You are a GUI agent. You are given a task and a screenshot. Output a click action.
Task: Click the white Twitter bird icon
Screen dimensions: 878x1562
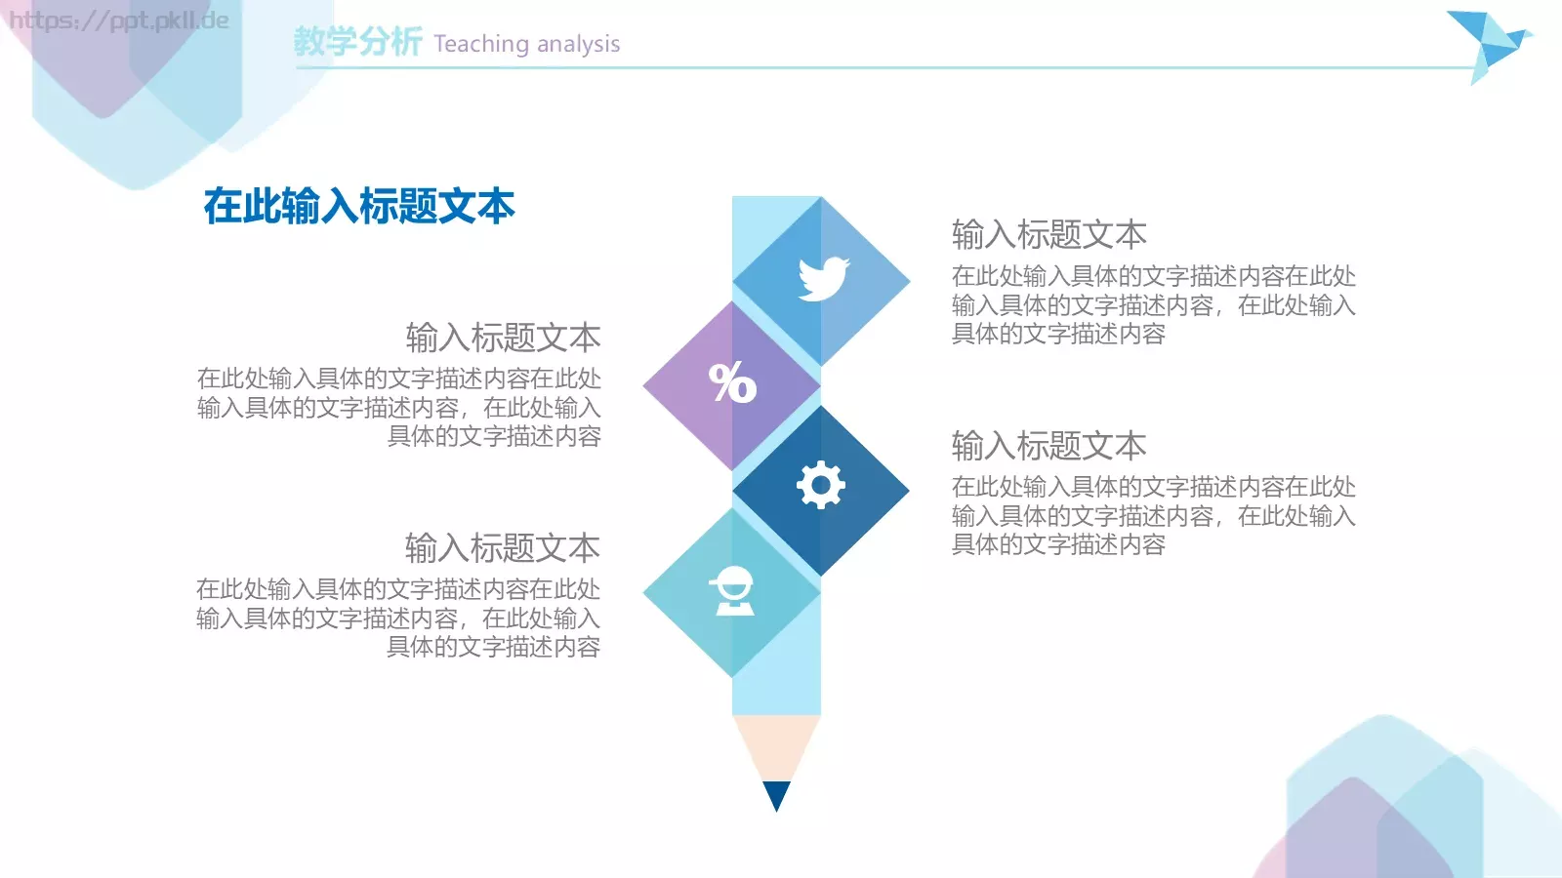tap(823, 279)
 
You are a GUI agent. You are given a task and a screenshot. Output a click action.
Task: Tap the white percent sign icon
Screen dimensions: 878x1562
tap(732, 382)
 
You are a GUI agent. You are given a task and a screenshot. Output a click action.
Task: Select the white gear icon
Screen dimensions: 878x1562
tap(820, 484)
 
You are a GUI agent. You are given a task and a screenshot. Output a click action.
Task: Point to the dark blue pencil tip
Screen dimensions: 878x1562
tap(776, 794)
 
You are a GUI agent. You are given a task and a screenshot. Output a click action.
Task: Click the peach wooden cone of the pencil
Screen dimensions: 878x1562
tap(776, 747)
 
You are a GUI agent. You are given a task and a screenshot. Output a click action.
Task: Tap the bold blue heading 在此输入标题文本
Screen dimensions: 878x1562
tap(358, 207)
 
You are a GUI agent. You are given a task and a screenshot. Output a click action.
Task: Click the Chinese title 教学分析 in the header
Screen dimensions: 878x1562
tap(357, 42)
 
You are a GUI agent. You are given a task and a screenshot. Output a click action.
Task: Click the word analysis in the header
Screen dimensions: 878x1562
tap(578, 45)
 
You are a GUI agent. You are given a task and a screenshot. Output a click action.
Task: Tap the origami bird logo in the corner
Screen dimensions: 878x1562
tap(1487, 44)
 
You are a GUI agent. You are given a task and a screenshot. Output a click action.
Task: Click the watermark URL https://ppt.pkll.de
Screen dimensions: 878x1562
tap(119, 20)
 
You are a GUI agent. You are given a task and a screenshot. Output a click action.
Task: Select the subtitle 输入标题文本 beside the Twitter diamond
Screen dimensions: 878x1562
tap(1048, 235)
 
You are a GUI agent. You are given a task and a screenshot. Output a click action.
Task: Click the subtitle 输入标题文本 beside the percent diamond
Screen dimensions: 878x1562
tap(503, 338)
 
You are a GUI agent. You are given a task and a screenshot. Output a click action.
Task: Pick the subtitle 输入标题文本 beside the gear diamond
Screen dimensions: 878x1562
tap(1048, 446)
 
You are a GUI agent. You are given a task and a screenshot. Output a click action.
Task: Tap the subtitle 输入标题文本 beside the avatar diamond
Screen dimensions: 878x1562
tap(503, 548)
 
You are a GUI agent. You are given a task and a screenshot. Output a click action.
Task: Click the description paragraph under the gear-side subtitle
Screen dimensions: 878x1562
tap(1153, 515)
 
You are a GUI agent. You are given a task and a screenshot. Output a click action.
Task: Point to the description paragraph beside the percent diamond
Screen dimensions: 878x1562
tap(399, 407)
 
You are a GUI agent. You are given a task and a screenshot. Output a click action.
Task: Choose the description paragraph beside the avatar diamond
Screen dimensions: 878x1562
tap(398, 618)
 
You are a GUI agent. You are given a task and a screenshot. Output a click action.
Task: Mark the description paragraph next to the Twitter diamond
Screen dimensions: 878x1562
tap(1153, 304)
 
